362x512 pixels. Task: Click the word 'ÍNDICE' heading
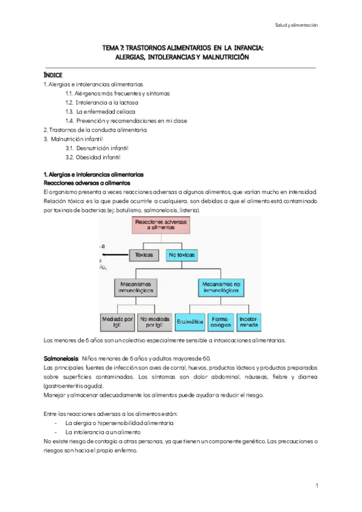[x=54, y=75]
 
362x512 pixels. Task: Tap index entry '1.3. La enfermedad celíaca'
[x=100, y=112]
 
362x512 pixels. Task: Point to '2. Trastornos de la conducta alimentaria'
[x=95, y=130]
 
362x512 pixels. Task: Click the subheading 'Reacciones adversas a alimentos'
[x=83, y=182]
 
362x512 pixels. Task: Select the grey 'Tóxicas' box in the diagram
[x=144, y=255]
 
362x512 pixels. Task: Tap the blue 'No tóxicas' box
[x=183, y=255]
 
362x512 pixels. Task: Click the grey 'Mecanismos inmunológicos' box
[x=136, y=286]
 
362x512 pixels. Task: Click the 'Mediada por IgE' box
[x=117, y=322]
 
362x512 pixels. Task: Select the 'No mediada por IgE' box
[x=154, y=322]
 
